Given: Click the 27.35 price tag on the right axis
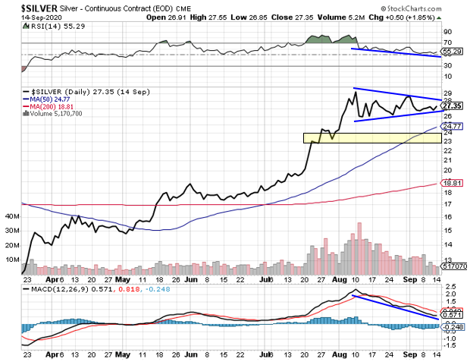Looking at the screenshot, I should pos(452,105).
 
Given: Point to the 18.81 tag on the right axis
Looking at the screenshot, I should pos(452,183).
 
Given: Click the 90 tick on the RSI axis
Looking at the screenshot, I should pos(447,33).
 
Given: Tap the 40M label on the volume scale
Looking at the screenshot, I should pos(12,216).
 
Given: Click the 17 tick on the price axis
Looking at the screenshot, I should pos(447,204).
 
